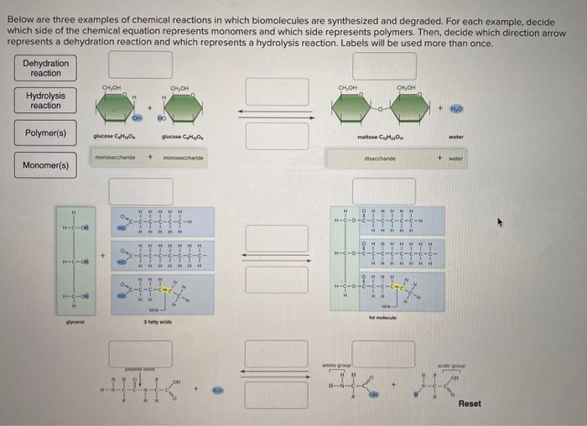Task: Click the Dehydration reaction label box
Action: pos(46,68)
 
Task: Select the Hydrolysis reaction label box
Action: pos(46,101)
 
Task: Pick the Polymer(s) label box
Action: pos(46,132)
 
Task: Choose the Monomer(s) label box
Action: pos(46,164)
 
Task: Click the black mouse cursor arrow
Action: pos(501,222)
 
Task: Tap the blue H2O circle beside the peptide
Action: pos(216,391)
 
